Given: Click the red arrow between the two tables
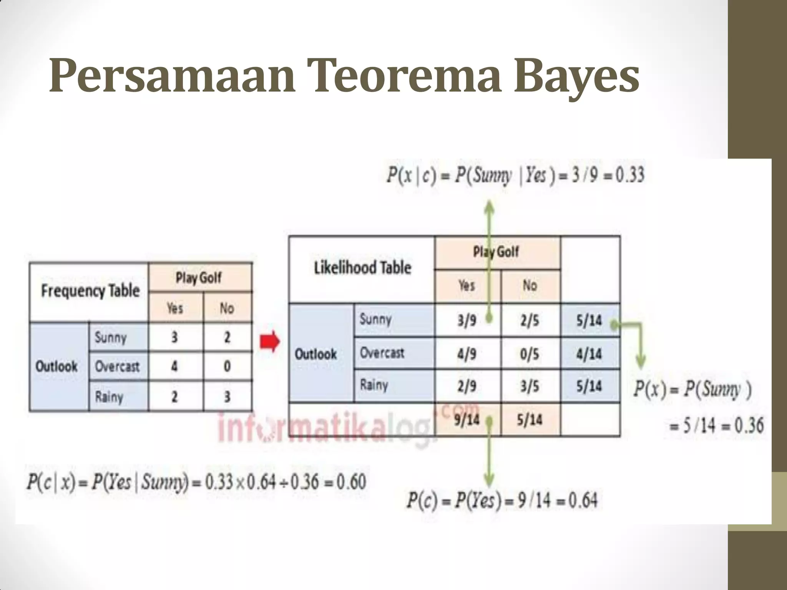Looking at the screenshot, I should click(x=271, y=341).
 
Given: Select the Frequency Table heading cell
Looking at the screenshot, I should click(x=90, y=291).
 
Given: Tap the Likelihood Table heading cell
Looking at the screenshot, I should click(x=362, y=268).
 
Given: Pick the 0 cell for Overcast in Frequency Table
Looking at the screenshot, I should click(x=227, y=366).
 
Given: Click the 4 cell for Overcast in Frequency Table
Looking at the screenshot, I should click(x=174, y=366).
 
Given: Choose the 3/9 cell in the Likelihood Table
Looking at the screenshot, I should click(x=467, y=320).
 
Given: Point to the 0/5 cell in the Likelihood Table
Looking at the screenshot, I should click(x=530, y=354).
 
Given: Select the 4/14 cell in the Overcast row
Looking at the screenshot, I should click(x=589, y=354).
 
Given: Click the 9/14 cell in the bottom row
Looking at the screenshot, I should click(x=467, y=419).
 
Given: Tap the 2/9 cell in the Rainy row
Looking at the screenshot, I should click(x=467, y=386).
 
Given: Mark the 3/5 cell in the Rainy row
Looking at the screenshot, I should click(x=530, y=386).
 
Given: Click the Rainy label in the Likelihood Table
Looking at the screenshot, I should click(x=374, y=385).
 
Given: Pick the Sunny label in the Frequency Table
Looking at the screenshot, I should click(x=111, y=338).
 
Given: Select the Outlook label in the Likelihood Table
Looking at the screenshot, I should click(x=315, y=354).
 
